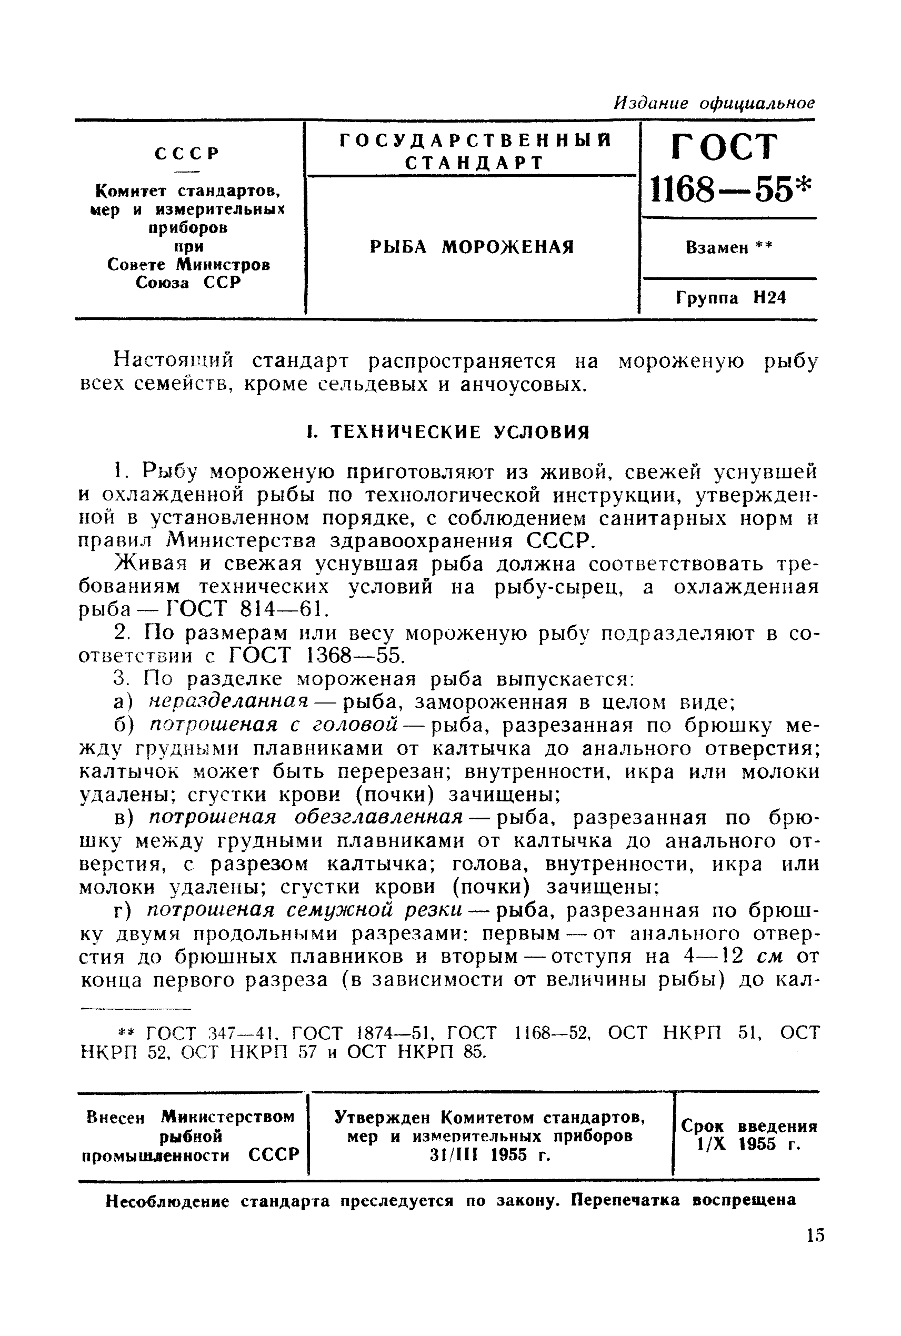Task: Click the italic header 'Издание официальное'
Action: (714, 103)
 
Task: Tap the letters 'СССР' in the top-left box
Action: (187, 154)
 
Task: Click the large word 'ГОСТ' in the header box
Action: (725, 148)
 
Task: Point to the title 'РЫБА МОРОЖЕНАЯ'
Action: (472, 247)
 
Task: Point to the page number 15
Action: (815, 1235)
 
